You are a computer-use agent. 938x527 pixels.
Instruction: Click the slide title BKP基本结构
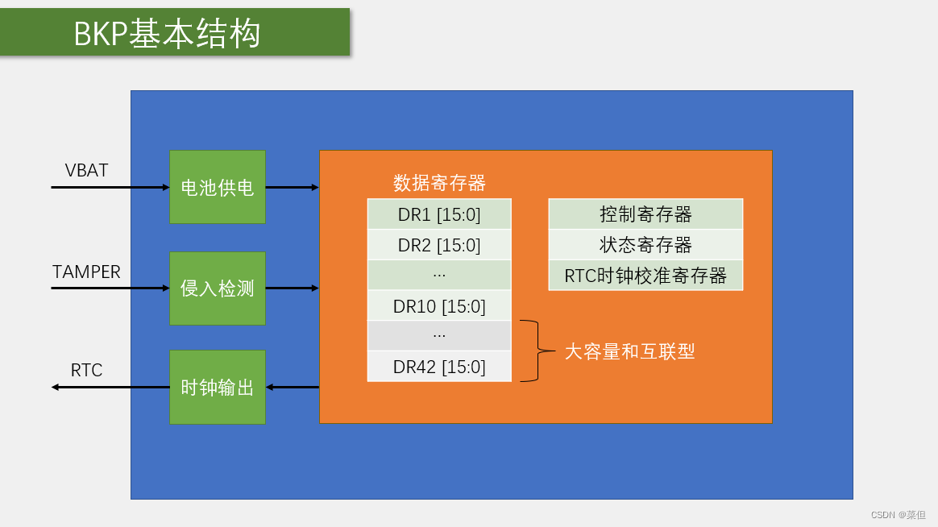168,34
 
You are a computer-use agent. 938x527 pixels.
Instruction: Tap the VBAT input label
86,170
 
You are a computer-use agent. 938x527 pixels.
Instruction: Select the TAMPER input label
86,272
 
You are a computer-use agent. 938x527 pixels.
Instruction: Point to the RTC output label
86,370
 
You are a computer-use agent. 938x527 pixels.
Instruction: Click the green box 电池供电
218,188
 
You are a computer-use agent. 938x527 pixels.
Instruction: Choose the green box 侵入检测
218,288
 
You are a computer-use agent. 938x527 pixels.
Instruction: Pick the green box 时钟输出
218,388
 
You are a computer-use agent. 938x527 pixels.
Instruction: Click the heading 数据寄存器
439,183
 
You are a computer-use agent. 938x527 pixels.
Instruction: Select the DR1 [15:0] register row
439,214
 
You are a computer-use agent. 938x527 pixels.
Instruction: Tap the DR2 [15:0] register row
439,245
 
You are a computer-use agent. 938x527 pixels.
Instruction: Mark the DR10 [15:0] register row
439,306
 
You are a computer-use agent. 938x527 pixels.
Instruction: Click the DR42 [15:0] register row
439,367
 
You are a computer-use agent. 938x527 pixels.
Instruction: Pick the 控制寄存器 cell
645,214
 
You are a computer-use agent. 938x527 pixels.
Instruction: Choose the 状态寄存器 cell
645,245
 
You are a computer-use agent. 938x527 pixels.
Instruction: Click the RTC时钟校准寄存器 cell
645,276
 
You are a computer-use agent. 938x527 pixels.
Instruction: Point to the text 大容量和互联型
629,351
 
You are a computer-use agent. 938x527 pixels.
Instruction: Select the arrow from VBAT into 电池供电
110,188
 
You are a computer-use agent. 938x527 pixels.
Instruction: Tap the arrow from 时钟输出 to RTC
110,388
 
